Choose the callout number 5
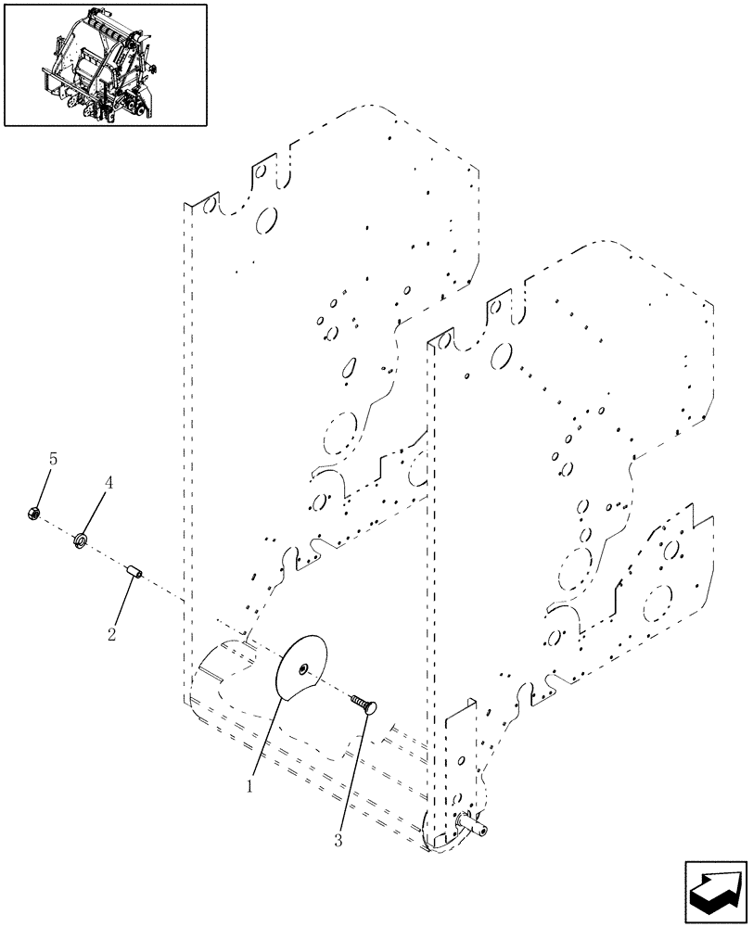point(53,459)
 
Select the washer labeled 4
point(81,538)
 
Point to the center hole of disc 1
point(306,667)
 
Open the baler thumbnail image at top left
point(106,65)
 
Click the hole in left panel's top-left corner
point(209,203)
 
